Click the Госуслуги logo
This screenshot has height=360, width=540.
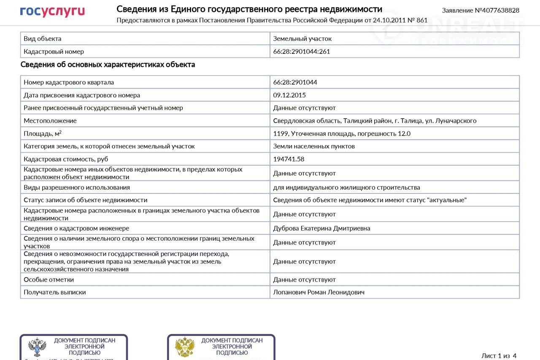[x=52, y=11]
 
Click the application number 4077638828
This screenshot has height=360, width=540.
[x=497, y=10]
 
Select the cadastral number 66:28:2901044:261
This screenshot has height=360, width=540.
[x=301, y=51]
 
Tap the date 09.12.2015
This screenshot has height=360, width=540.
[x=289, y=95]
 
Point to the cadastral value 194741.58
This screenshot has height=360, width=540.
[x=289, y=159]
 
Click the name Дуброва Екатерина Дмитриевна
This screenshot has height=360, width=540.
[x=321, y=228]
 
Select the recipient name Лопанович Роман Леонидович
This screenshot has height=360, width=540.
[x=319, y=292]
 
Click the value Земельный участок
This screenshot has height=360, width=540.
[x=302, y=38]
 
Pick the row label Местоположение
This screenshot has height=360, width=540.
[x=50, y=121]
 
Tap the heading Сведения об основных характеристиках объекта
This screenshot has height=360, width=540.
[x=108, y=64]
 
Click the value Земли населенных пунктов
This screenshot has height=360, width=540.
[x=314, y=146]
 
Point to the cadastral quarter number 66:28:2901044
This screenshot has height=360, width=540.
[x=295, y=82]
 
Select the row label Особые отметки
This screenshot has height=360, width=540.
[x=49, y=279]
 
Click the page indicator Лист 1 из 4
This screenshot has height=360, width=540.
[x=499, y=355]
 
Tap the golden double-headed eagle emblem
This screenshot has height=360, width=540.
[x=185, y=347]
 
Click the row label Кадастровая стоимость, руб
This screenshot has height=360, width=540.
[x=66, y=159]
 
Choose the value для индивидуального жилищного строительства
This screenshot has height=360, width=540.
[x=346, y=187]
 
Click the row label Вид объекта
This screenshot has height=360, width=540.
[x=42, y=38]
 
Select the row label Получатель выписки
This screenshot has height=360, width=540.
[x=54, y=292]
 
